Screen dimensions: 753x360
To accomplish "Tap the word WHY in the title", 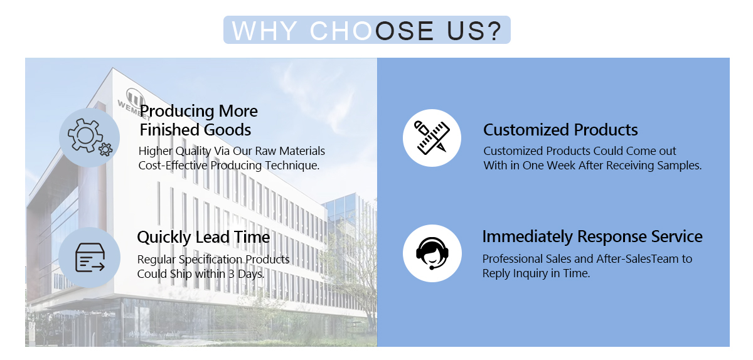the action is click(265, 31).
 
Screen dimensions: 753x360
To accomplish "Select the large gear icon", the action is click(85, 135).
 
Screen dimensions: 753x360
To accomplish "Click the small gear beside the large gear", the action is click(105, 149).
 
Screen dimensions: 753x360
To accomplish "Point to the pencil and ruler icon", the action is click(432, 138).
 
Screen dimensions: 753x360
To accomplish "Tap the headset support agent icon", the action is click(432, 253).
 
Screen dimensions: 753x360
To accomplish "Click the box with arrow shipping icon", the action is click(90, 258).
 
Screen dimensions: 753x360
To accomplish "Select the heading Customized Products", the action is click(560, 130).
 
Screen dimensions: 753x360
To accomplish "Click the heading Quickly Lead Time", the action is click(203, 237).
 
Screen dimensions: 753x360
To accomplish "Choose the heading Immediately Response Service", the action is click(592, 236).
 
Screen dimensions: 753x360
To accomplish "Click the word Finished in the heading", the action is click(169, 130).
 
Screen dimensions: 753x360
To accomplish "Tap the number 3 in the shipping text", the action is click(232, 274).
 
